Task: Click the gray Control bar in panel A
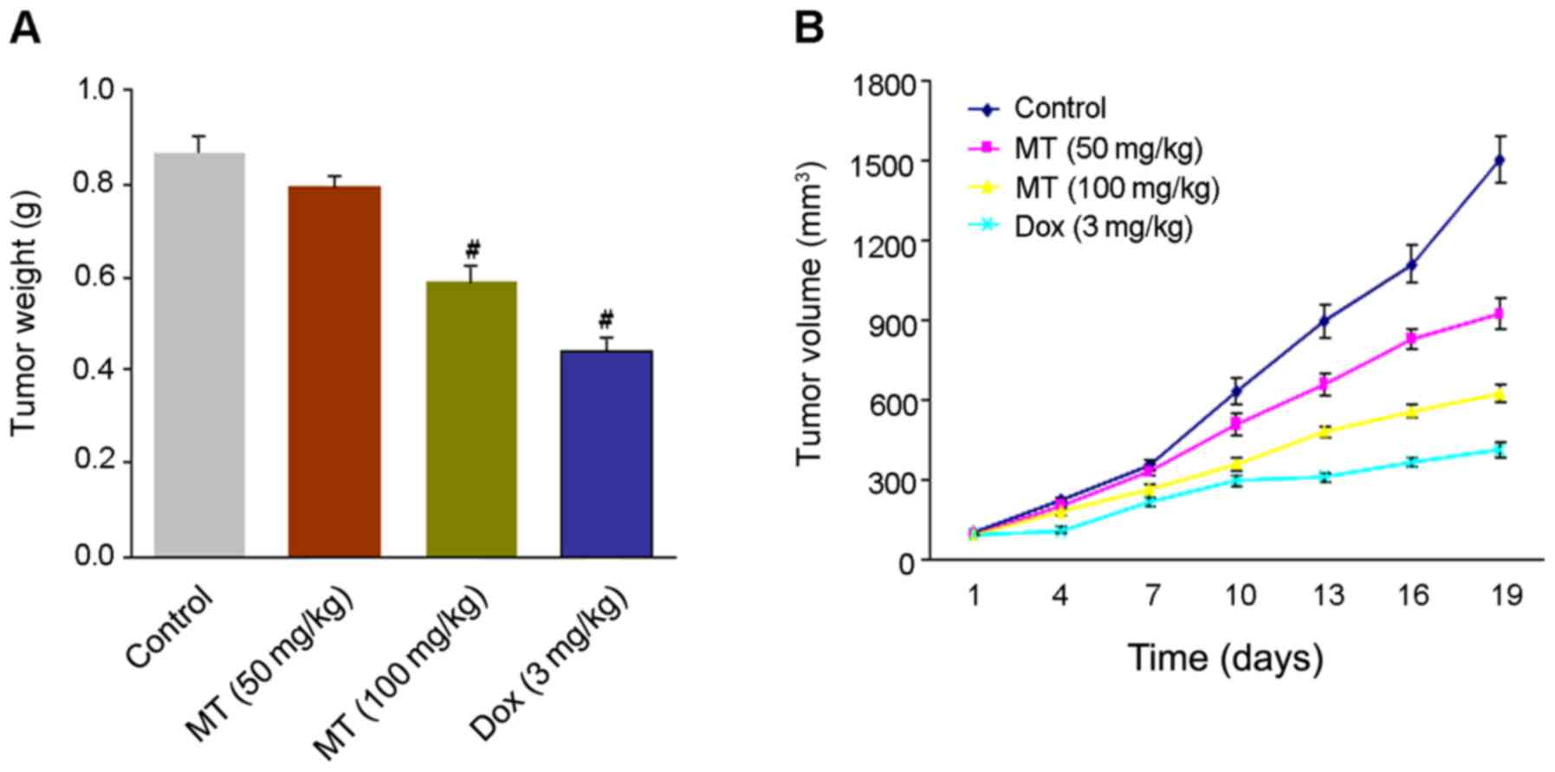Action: (x=199, y=355)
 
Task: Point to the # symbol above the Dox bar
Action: (x=606, y=317)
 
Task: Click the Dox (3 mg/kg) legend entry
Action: (x=1102, y=227)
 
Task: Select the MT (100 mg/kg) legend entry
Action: (x=1116, y=188)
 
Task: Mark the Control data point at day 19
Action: (x=1500, y=159)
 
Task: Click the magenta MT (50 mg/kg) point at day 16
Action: (x=1412, y=339)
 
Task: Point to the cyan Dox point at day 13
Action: (x=1325, y=477)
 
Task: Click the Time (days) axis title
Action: (x=1225, y=658)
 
